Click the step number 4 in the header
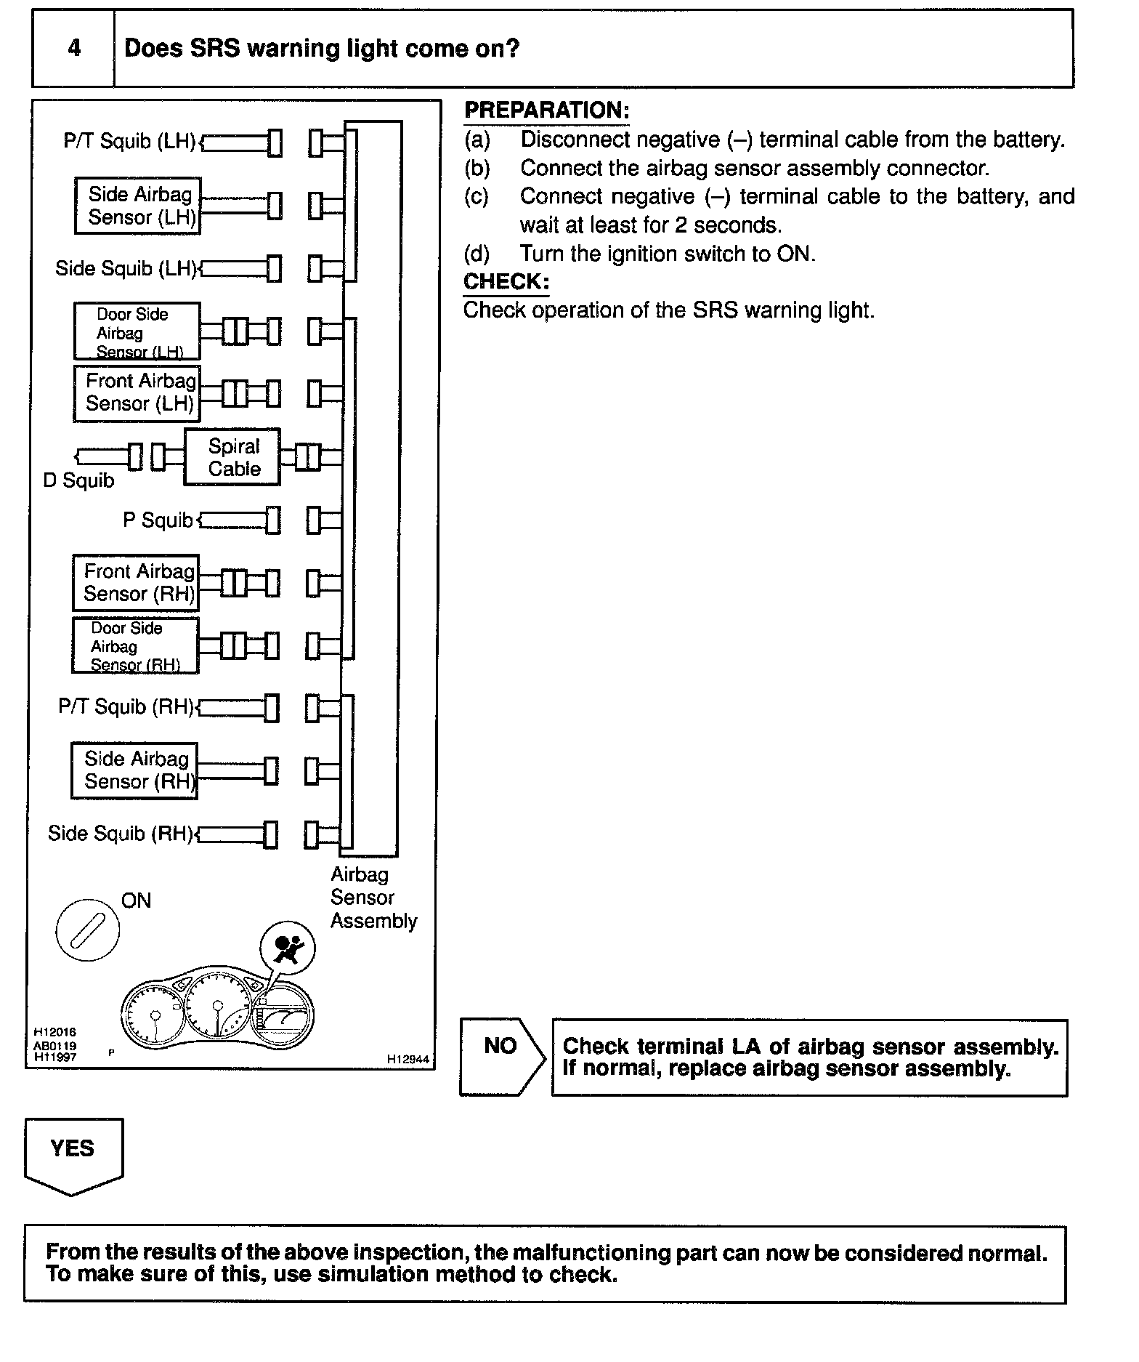(x=73, y=49)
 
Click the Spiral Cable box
(x=232, y=457)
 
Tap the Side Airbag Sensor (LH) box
(x=138, y=206)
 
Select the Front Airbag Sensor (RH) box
(x=136, y=583)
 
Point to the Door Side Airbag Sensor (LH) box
(x=137, y=332)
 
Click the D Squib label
(x=78, y=481)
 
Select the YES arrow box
(x=73, y=1155)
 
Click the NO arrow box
(x=501, y=1056)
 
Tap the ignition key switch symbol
(x=86, y=930)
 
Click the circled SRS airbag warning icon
(x=288, y=948)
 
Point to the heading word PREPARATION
(x=546, y=110)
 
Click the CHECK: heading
(x=506, y=282)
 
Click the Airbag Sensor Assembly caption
(x=373, y=898)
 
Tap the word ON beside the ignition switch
(x=136, y=901)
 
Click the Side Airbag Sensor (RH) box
(x=134, y=770)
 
